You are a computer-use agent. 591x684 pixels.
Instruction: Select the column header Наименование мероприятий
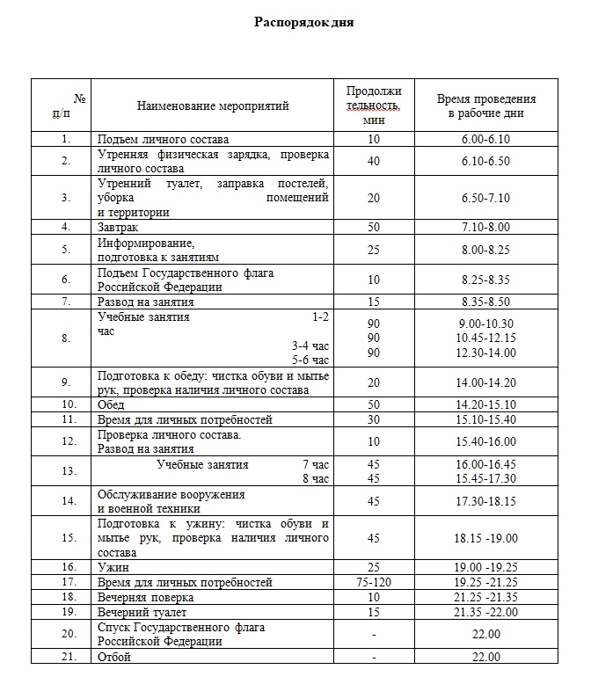[x=213, y=106]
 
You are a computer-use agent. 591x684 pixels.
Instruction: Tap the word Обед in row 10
[x=111, y=405]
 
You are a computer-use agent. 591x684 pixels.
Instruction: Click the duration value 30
[x=374, y=419]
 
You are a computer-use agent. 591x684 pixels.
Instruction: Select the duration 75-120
[x=374, y=582]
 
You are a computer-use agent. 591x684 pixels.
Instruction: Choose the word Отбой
[x=113, y=657]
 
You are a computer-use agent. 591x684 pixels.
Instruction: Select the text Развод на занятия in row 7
[x=145, y=302]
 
